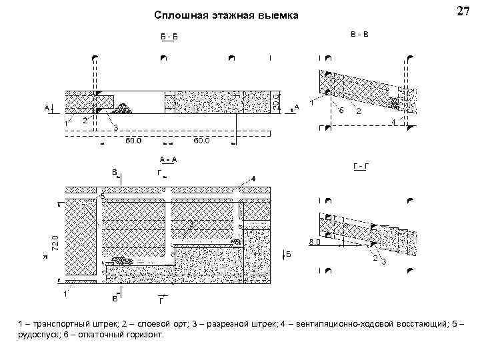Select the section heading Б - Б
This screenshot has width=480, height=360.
click(169, 37)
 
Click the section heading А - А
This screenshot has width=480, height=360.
click(167, 159)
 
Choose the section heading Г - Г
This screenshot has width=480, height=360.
click(360, 165)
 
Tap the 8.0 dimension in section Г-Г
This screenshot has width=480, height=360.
click(313, 243)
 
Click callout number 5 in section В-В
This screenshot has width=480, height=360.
click(341, 110)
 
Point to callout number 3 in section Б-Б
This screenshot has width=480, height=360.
click(115, 127)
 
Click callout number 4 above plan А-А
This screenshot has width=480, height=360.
click(253, 179)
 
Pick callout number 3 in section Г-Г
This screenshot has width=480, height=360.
click(383, 261)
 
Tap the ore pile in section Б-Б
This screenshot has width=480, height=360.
click(123, 107)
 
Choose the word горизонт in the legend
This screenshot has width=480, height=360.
click(143, 334)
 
